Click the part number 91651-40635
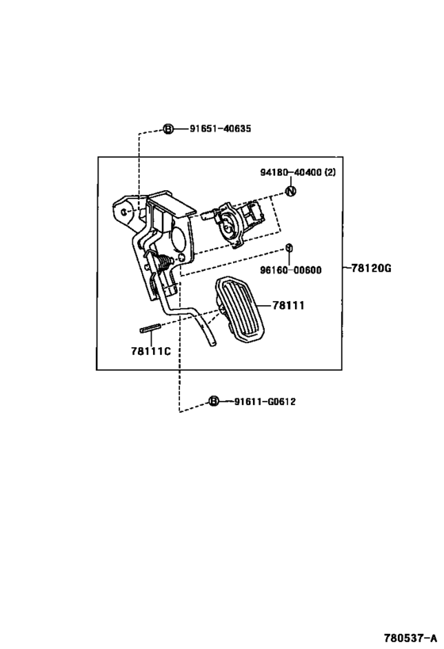point(220,128)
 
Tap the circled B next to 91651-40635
point(168,129)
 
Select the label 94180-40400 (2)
point(298,172)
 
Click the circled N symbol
point(291,191)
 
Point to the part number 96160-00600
point(290,270)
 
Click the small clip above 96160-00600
point(289,247)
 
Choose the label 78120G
point(371,268)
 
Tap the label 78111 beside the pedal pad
point(289,305)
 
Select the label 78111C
point(151,351)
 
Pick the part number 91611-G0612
point(265,402)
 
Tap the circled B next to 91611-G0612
point(213,401)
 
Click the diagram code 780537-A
point(410,637)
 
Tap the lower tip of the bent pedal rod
point(213,344)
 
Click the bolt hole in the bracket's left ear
point(124,211)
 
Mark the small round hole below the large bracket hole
point(181,258)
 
